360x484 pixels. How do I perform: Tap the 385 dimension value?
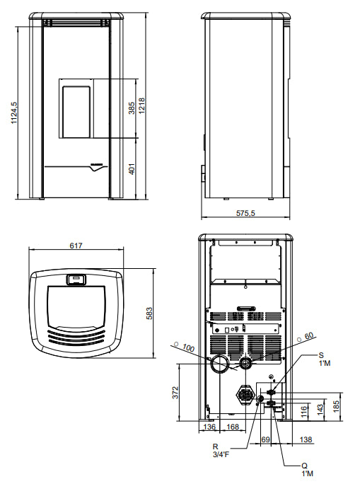tap(132, 108)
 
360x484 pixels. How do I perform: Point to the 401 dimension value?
tap(132, 169)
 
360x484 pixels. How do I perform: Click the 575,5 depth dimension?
tap(245, 213)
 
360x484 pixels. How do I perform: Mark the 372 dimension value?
tap(175, 391)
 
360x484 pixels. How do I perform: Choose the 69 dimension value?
tap(266, 440)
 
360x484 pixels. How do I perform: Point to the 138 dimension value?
tap(307, 440)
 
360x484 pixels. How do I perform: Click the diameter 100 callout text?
tap(187, 347)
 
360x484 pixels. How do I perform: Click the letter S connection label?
tap(320, 355)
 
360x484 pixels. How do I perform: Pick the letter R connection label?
tap(217, 447)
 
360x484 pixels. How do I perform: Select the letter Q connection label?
tap(305, 465)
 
